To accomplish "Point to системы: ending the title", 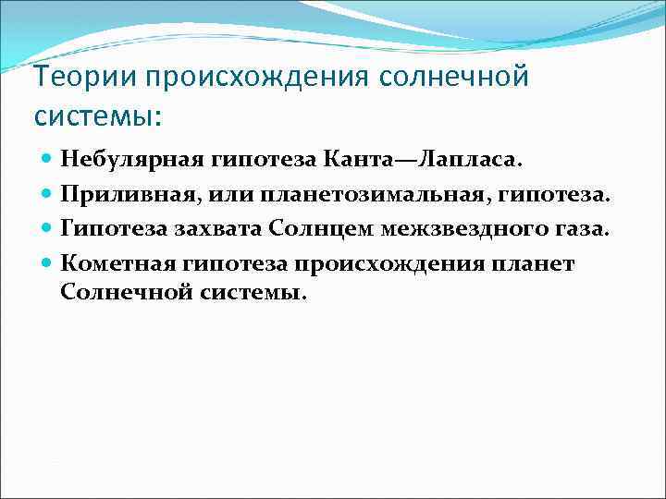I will pyautogui.click(x=97, y=117).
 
